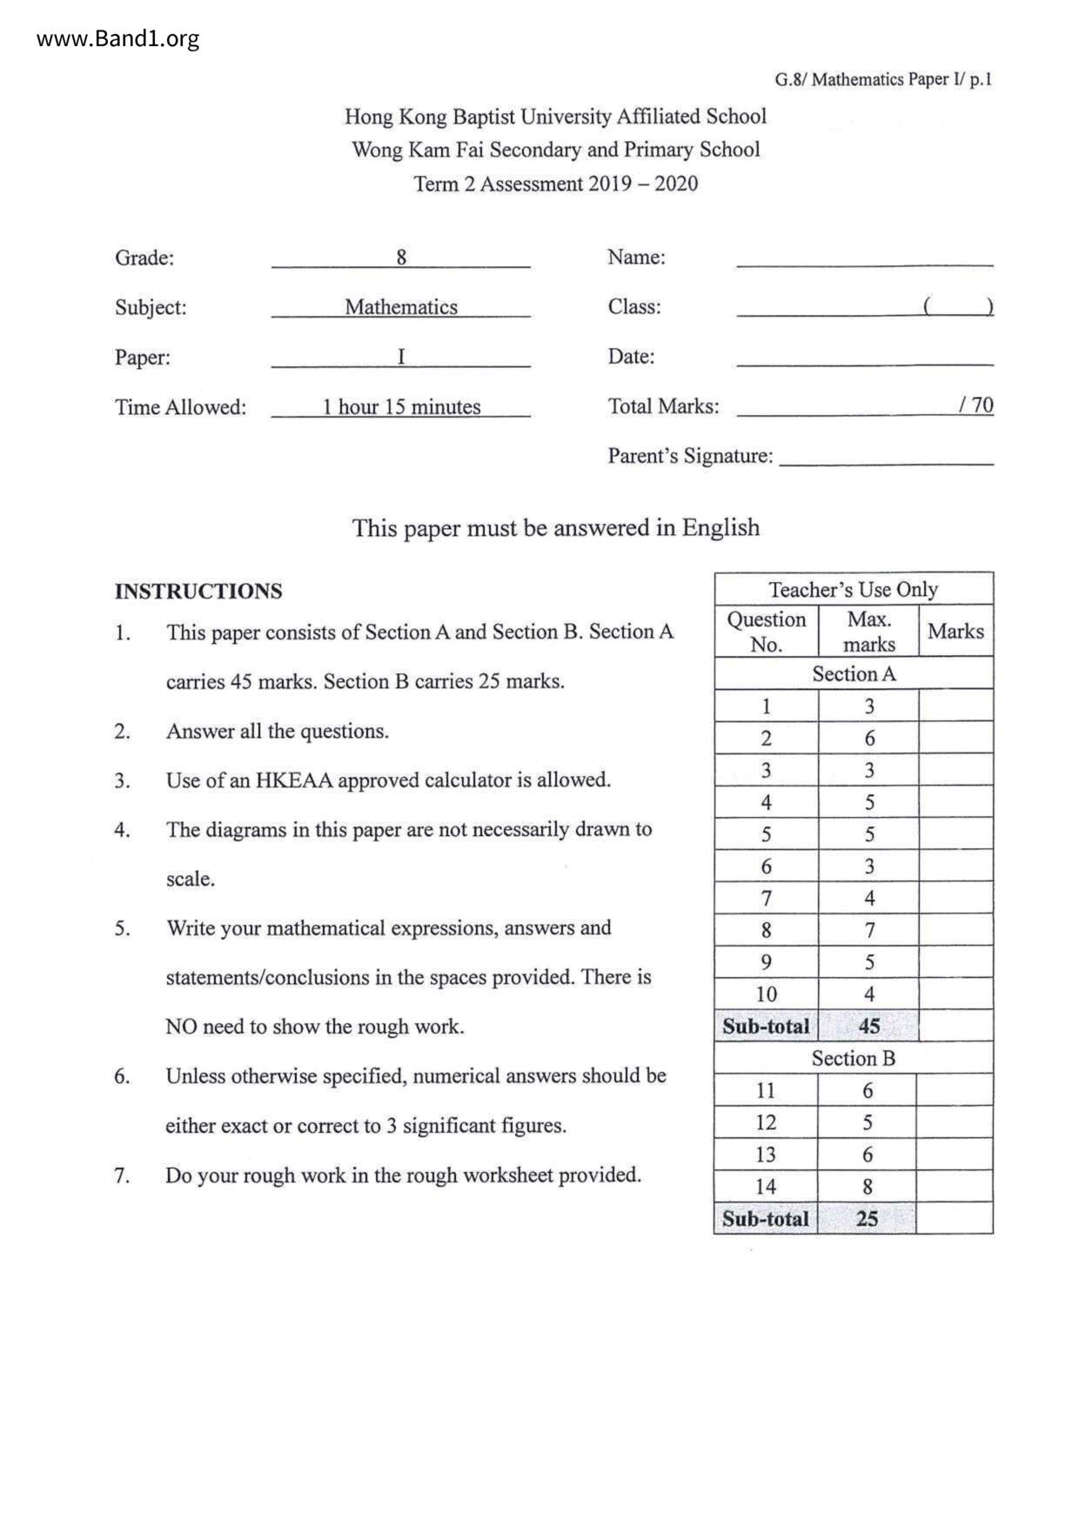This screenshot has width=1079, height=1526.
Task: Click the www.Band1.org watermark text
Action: tap(118, 39)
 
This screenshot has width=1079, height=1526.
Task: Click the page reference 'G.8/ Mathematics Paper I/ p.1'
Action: tap(882, 80)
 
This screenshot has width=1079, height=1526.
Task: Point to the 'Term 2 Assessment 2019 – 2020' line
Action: tap(555, 184)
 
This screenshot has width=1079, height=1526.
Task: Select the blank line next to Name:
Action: tap(864, 261)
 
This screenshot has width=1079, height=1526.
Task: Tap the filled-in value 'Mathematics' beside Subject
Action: tap(401, 307)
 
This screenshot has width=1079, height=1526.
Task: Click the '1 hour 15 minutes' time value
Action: tap(401, 407)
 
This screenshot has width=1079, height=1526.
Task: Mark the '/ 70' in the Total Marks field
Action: tap(975, 405)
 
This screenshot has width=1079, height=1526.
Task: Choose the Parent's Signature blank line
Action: tap(886, 462)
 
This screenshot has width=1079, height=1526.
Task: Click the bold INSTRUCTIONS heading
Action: tap(198, 592)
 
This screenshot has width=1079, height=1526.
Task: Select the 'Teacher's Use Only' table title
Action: tap(853, 590)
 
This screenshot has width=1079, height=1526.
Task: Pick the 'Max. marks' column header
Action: tap(868, 632)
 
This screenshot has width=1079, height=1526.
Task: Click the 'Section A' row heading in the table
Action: tap(853, 674)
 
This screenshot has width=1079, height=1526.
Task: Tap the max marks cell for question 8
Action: tap(868, 930)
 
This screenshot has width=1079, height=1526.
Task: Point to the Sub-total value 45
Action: tap(868, 1027)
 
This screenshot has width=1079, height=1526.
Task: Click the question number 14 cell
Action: tap(766, 1187)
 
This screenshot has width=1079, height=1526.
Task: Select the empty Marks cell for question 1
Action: tap(955, 706)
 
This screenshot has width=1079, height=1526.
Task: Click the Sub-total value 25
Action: tap(867, 1219)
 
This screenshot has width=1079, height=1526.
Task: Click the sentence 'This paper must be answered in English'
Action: tap(555, 528)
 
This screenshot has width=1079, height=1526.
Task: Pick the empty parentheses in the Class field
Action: tap(958, 306)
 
